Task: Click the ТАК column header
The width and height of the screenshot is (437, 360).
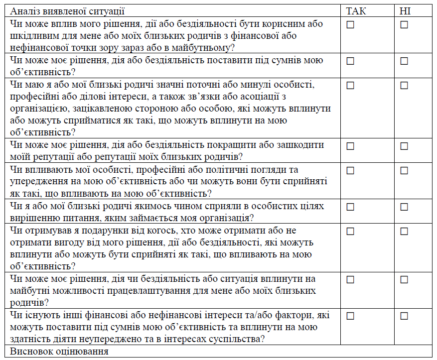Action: click(x=355, y=11)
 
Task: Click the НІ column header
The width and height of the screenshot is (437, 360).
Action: click(x=405, y=11)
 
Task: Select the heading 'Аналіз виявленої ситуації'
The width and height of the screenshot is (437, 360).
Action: click(x=67, y=11)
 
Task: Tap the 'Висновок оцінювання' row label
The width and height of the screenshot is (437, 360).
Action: click(x=59, y=352)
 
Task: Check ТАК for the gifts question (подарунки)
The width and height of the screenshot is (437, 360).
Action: click(x=350, y=231)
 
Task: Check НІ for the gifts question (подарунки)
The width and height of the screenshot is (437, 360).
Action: click(x=404, y=231)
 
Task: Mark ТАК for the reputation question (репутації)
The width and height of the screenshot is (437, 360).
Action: click(x=350, y=146)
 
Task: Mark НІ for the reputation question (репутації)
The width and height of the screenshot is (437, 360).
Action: click(x=404, y=146)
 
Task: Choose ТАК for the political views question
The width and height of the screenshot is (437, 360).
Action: click(x=350, y=171)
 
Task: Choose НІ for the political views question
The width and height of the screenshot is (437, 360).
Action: click(x=404, y=171)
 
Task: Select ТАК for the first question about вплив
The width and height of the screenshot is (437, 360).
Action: click(x=350, y=25)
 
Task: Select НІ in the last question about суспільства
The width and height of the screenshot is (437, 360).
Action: click(x=404, y=316)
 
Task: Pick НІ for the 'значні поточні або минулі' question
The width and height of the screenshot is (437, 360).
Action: click(x=404, y=86)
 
